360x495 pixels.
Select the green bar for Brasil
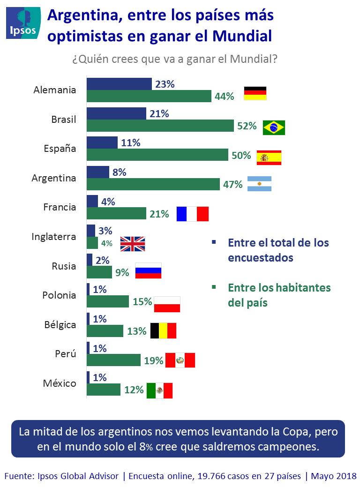(160, 126)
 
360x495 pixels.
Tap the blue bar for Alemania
(119, 84)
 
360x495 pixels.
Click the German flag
(255, 93)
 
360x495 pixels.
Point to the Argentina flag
(259, 184)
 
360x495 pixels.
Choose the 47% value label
(233, 185)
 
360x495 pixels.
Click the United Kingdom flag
(133, 244)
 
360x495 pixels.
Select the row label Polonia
(59, 295)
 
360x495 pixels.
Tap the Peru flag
(180, 360)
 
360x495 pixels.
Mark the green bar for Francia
(117, 214)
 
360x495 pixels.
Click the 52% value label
(247, 126)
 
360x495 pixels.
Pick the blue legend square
(213, 242)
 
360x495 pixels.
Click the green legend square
(213, 287)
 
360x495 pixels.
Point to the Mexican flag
(159, 390)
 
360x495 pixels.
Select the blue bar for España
(102, 142)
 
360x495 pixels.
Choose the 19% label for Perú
(153, 360)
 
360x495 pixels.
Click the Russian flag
(148, 270)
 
